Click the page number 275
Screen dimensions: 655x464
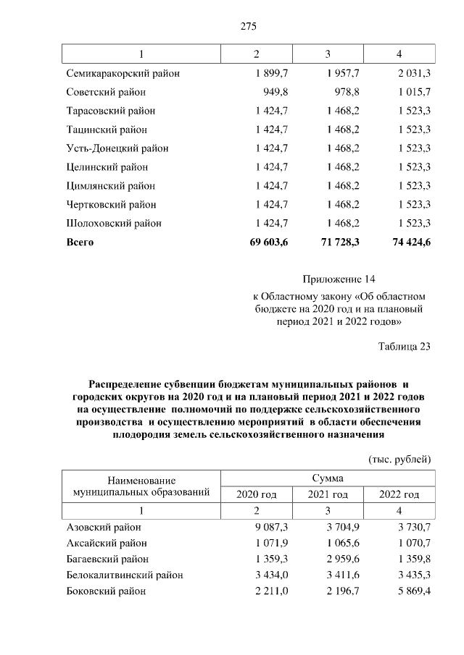click(x=248, y=27)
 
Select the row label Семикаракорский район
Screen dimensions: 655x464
click(x=123, y=74)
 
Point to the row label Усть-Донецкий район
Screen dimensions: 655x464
click(x=117, y=148)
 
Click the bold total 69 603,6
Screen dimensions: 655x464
click(x=268, y=242)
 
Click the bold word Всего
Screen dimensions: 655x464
click(x=80, y=242)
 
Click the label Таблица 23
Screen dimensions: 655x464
click(x=405, y=346)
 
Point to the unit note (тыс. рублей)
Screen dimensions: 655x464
click(x=400, y=459)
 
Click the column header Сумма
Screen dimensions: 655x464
click(x=328, y=478)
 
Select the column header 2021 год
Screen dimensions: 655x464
click(x=328, y=495)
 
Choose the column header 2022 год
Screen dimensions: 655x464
click(x=399, y=495)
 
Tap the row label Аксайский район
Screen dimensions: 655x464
click(x=107, y=543)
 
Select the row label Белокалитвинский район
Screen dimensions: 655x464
click(x=125, y=575)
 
